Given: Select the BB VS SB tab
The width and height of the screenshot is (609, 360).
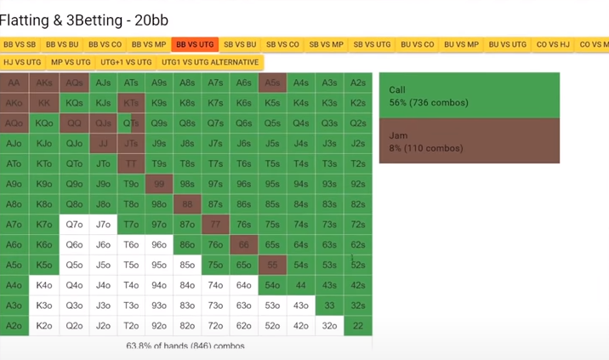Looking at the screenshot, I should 20,44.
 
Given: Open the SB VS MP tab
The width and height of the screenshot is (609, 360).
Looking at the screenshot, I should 326,44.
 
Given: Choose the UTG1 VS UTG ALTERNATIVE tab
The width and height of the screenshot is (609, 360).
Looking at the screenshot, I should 210,62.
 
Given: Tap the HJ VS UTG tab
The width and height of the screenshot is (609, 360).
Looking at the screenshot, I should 22,62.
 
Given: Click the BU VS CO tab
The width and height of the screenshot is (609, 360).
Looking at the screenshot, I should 417,44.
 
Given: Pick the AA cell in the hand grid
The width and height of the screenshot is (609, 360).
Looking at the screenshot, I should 14,83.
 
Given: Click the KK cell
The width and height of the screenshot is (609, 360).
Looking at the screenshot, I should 44,103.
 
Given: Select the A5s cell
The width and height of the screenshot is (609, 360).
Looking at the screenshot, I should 272,83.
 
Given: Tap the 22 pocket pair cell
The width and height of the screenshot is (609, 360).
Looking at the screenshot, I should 358,326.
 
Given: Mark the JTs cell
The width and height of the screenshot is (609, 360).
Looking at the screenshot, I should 131,144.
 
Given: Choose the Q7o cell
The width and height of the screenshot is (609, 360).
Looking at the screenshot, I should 74,225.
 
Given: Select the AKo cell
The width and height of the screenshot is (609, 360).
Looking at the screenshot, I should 14,103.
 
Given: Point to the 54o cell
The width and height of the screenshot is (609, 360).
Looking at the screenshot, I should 272,285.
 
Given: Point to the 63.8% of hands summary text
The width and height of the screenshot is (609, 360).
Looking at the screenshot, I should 185,346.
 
